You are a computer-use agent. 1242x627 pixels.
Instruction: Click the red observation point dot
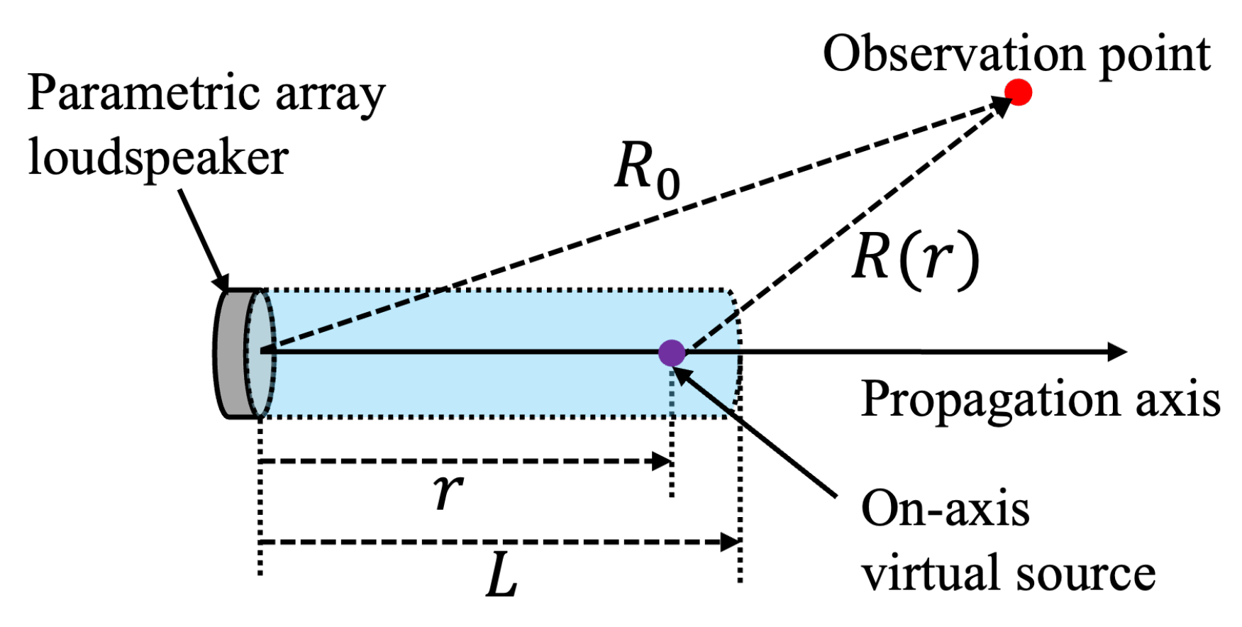point(1018,92)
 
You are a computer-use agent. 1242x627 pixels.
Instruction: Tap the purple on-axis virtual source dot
point(671,353)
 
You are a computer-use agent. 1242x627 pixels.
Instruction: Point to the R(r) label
point(915,259)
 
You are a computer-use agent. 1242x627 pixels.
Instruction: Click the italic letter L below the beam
point(502,575)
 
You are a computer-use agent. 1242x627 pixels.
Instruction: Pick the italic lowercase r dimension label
point(448,490)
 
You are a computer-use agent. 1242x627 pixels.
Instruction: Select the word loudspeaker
point(158,157)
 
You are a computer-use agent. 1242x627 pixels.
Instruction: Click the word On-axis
point(945,509)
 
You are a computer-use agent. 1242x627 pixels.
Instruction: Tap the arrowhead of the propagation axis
point(1117,352)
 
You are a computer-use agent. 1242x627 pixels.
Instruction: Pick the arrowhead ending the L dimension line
point(730,543)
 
